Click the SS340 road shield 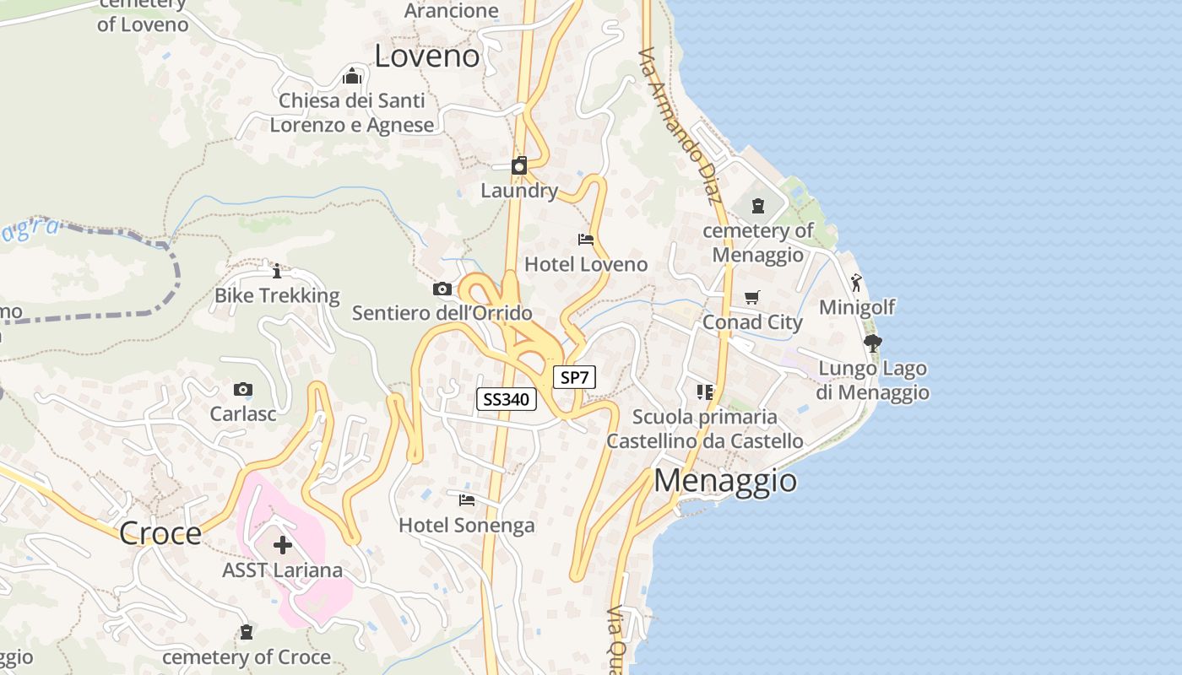507,399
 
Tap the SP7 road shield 574,377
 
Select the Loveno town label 426,57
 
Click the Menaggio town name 725,480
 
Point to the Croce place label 160,533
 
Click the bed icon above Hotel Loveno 586,240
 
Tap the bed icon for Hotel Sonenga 467,500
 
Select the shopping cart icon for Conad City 752,297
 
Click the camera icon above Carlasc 243,389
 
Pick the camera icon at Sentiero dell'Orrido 442,289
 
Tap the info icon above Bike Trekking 277,271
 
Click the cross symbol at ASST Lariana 283,545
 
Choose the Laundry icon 519,165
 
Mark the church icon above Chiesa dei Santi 352,76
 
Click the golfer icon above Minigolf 856,283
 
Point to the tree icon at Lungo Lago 873,343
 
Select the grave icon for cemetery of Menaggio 758,205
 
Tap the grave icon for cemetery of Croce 247,632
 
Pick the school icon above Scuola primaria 705,391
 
